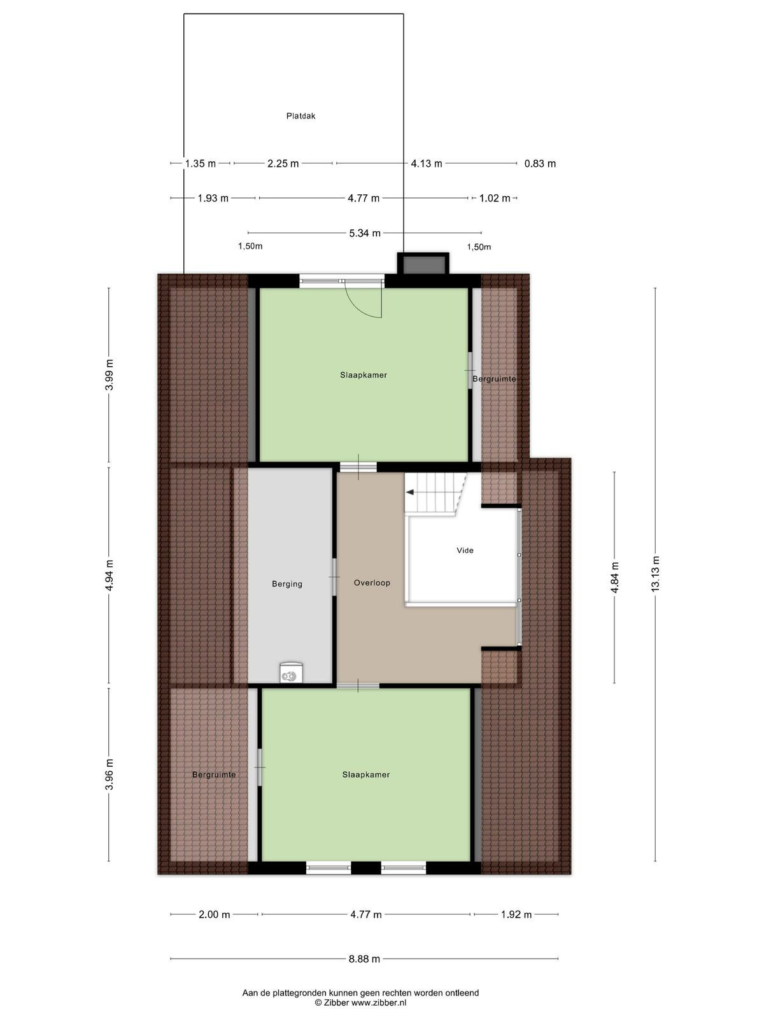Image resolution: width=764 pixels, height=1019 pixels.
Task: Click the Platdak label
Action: [301, 116]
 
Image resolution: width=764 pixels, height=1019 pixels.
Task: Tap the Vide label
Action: [465, 551]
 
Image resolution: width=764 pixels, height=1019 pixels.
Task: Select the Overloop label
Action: [372, 583]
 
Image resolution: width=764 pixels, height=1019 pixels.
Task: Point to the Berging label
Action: [287, 584]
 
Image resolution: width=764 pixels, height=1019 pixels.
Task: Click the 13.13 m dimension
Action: [656, 574]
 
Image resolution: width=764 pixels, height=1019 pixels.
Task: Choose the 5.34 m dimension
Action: [365, 232]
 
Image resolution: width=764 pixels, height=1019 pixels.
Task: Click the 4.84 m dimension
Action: [614, 578]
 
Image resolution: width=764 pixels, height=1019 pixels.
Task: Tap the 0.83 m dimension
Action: [540, 164]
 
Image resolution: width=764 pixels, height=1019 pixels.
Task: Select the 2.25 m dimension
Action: [283, 164]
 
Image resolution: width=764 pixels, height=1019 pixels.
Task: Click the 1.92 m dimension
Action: [516, 915]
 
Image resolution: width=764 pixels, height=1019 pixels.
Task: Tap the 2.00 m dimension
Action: [215, 915]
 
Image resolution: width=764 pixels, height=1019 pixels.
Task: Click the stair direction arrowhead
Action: [409, 492]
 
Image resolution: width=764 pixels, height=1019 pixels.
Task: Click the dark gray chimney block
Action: [423, 264]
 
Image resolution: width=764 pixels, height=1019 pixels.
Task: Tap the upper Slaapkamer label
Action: [363, 375]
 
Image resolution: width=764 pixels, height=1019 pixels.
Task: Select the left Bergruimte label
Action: [214, 775]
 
